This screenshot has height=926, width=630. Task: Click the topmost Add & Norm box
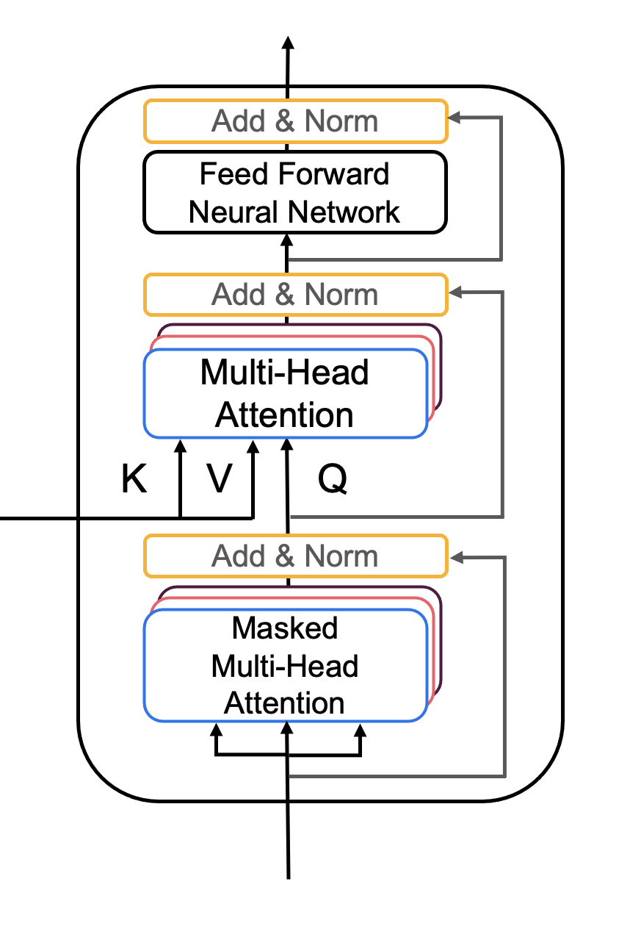296,121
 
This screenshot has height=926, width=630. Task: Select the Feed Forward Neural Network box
295,193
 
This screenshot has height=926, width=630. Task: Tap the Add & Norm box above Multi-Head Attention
296,295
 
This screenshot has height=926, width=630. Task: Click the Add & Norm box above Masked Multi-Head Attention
296,556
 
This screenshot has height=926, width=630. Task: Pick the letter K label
134,478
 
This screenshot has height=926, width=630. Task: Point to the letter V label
219,478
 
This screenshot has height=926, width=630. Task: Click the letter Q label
333,478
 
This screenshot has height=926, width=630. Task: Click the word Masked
285,628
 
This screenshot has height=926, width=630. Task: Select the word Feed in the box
234,173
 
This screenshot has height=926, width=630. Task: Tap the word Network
344,212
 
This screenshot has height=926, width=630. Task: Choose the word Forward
334,173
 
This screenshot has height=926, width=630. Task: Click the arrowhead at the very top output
288,43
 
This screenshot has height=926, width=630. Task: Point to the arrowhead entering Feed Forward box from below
286,241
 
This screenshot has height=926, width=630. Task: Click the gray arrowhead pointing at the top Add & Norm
454,118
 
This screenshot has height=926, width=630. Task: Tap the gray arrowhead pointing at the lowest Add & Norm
457,558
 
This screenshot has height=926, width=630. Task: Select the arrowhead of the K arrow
180,446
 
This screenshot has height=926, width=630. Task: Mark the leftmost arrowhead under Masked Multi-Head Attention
216,730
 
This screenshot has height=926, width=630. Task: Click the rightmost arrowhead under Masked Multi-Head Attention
361,730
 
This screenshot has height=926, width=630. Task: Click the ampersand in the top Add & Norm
285,121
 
